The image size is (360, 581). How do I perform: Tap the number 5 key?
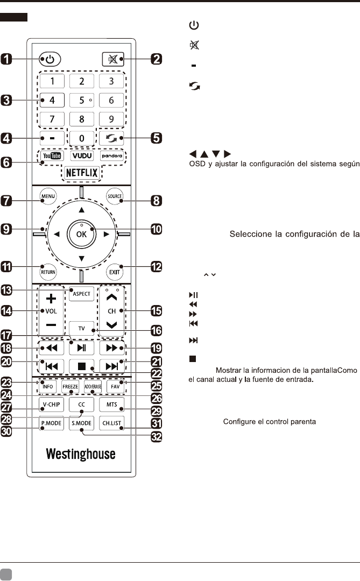tap(81, 100)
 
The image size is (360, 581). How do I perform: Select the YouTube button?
tap(51, 155)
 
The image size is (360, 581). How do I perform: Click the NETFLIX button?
tap(81, 173)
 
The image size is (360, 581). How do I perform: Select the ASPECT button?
tap(81, 294)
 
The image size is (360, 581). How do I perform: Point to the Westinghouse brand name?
tap(81, 455)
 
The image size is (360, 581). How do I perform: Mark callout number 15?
tap(156, 311)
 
